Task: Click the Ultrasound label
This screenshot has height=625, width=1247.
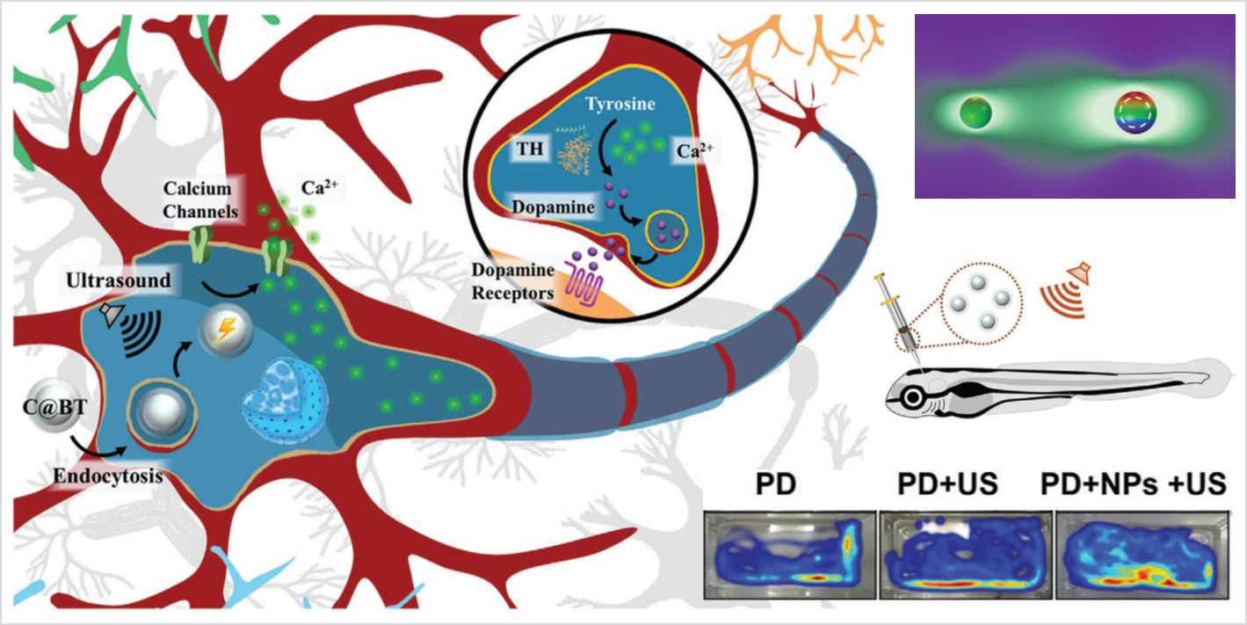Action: (x=119, y=282)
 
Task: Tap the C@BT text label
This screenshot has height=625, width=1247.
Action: (x=54, y=407)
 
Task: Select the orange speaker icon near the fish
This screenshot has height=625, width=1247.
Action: (x=1065, y=287)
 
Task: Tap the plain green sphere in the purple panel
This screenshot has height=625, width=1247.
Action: (x=975, y=112)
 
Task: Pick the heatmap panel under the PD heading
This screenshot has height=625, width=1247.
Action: (x=789, y=555)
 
